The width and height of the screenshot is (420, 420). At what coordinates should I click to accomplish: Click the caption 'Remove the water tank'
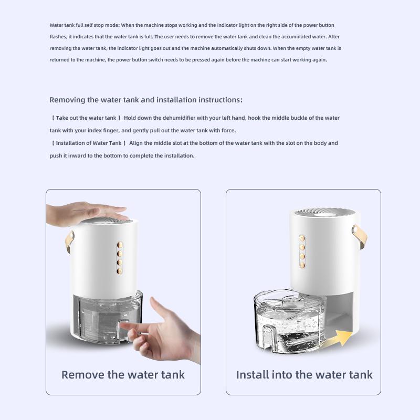pos(123,375)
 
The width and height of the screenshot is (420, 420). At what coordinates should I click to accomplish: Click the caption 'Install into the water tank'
pos(304,375)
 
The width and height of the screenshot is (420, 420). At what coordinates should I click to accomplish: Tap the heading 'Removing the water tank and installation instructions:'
pos(146,100)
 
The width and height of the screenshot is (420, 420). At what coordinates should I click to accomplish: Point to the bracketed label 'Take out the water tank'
pos(86,118)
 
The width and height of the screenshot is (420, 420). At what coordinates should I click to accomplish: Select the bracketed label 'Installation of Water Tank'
pos(89,143)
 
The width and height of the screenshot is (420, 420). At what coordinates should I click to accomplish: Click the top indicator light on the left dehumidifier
pos(120,244)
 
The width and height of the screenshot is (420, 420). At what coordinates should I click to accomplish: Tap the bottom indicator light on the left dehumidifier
pos(120,271)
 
